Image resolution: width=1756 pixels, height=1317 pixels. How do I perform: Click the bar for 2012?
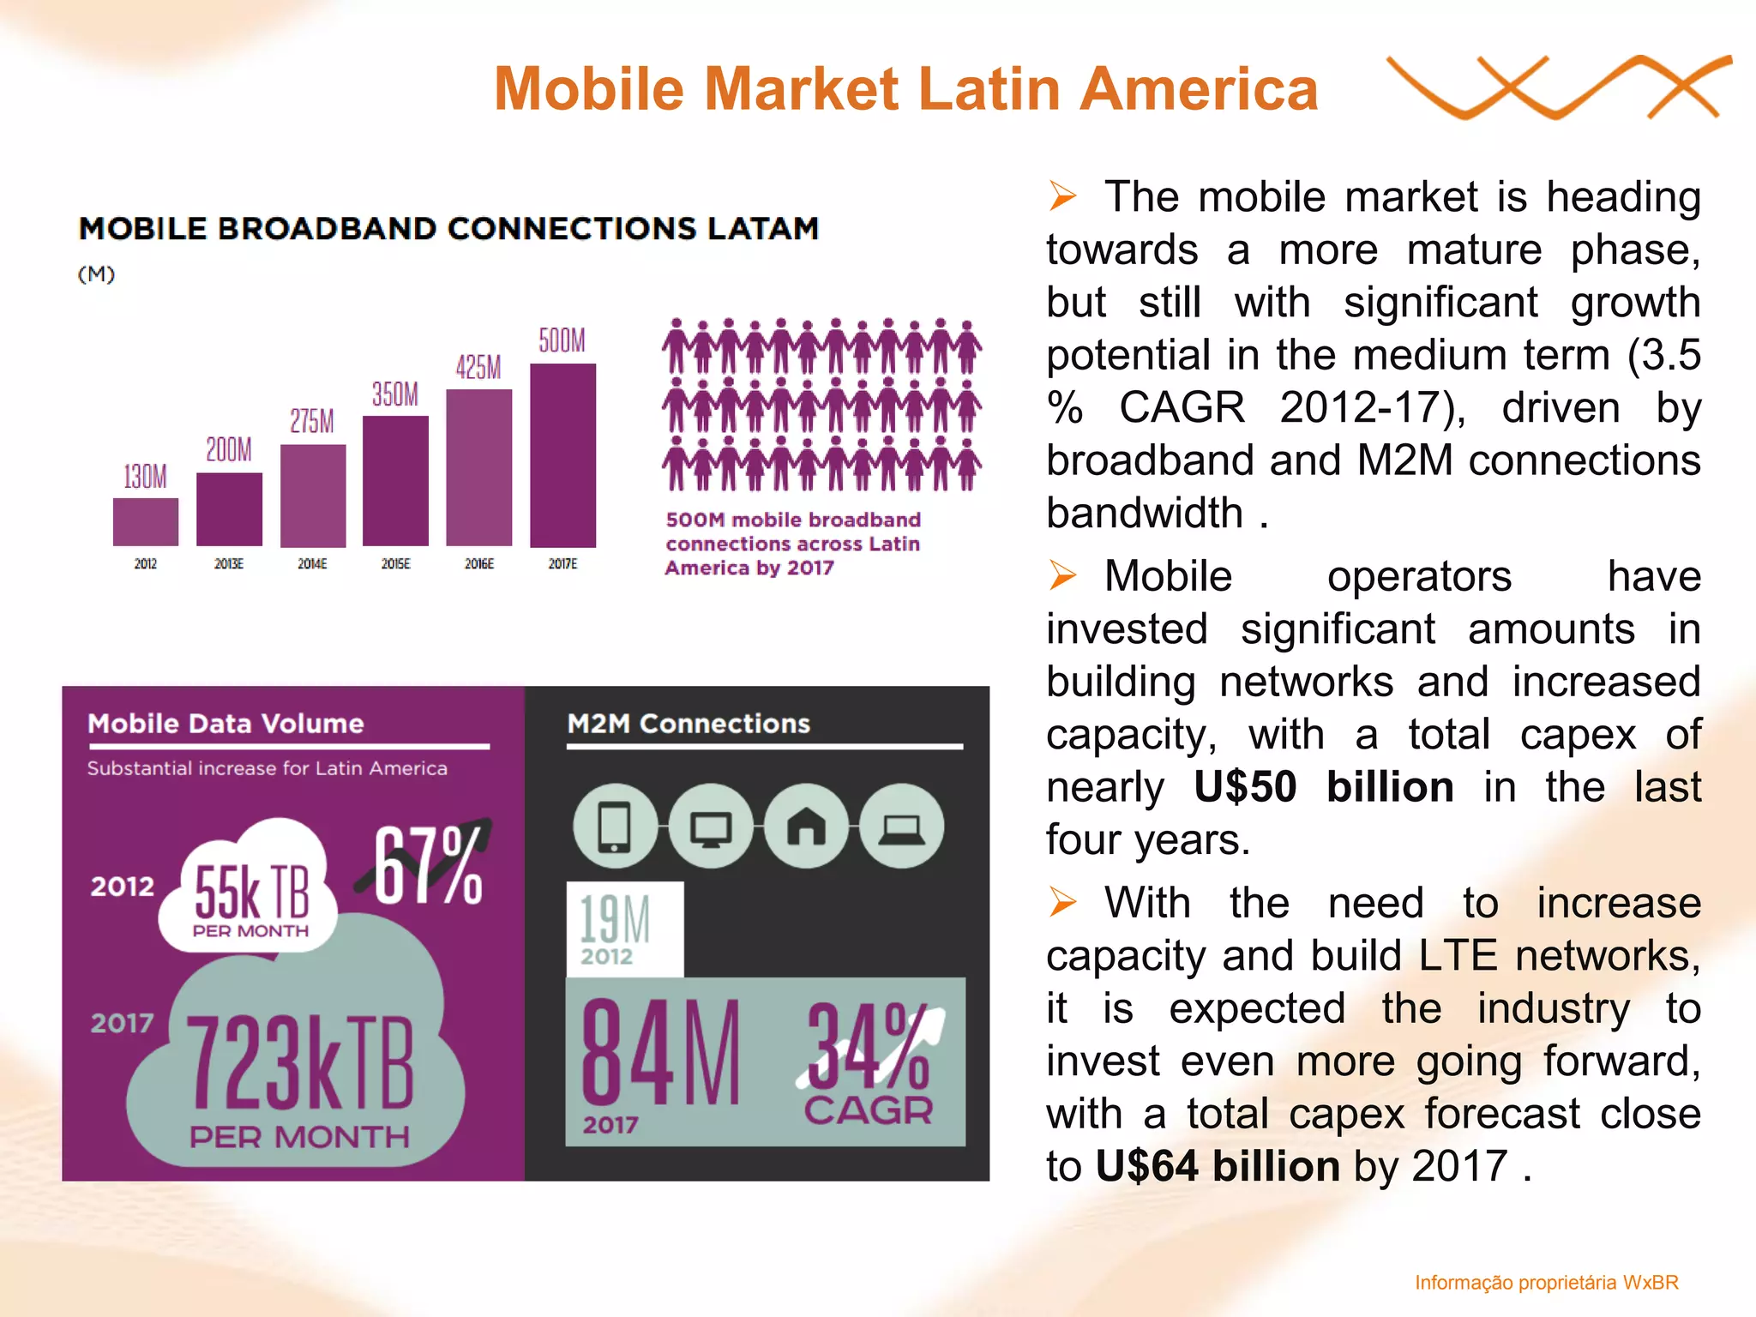[146, 521]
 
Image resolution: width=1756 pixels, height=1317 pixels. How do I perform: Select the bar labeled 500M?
[562, 455]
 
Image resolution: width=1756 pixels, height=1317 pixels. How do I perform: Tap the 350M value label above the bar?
[395, 394]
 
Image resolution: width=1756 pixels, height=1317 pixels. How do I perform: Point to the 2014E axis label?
[312, 564]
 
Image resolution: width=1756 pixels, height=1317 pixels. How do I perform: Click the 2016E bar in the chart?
[478, 467]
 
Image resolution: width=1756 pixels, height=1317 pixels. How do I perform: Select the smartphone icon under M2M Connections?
[615, 827]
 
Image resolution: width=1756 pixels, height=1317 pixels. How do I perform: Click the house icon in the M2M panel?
[806, 827]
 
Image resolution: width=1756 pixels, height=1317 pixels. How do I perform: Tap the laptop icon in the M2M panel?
[901, 827]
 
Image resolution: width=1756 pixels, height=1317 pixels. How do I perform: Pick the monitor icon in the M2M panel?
[711, 827]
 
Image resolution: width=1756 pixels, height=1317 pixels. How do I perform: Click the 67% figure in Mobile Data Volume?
[428, 866]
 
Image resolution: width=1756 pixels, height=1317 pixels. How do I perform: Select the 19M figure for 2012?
[615, 919]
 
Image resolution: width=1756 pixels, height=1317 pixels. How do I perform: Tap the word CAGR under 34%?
[868, 1111]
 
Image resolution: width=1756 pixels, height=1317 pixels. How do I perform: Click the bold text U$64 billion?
[1218, 1167]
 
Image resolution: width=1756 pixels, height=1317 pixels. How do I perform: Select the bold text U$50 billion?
[1323, 787]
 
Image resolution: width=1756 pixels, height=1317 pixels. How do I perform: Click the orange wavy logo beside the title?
[1557, 87]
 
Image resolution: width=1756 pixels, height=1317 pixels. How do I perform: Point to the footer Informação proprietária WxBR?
[1546, 1283]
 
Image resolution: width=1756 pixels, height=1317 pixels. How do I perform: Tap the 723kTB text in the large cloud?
[300, 1063]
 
